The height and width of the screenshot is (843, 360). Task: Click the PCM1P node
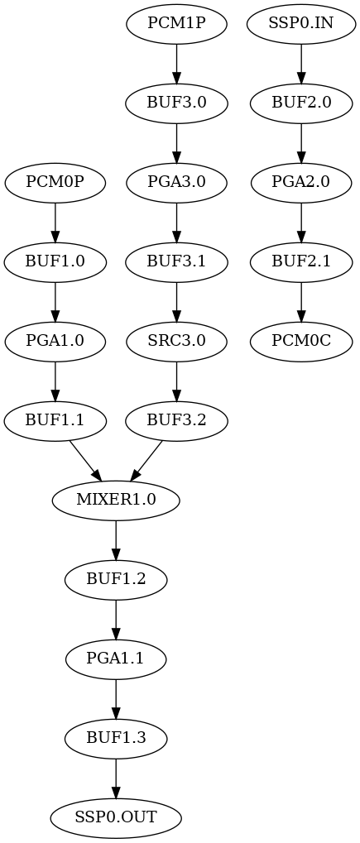[x=176, y=23]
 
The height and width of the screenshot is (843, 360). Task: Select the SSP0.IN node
[x=301, y=23]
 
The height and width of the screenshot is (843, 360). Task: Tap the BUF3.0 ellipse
[x=176, y=103]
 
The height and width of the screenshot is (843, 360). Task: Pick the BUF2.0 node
[x=301, y=103]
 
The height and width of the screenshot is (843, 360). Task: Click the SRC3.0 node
[x=176, y=341]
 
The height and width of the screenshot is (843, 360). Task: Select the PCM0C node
[x=301, y=341]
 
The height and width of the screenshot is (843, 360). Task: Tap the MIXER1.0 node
[x=116, y=500]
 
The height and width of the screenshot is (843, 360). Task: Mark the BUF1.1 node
[x=55, y=420]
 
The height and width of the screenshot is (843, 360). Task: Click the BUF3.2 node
[x=176, y=420]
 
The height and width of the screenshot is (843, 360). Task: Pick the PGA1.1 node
[x=116, y=659]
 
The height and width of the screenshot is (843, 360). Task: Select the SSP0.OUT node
[x=116, y=817]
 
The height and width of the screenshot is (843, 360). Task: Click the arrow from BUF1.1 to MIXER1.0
[x=85, y=461]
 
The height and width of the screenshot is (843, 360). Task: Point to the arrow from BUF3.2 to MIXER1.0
[x=146, y=461]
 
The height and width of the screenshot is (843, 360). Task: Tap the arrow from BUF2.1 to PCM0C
[x=301, y=301]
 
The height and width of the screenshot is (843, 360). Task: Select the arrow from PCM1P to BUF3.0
[x=176, y=63]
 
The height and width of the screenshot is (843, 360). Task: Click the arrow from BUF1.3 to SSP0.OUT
[x=116, y=778]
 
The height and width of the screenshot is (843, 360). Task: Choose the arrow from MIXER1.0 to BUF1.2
[x=116, y=539]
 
